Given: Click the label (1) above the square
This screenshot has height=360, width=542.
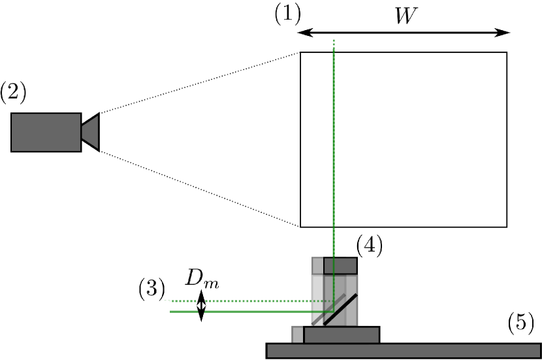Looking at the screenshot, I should [x=287, y=14].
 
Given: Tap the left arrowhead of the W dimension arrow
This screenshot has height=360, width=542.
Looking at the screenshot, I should [x=302, y=33].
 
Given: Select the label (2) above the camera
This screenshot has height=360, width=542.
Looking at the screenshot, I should [x=13, y=91].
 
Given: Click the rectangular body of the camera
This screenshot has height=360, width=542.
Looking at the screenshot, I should [x=46, y=132].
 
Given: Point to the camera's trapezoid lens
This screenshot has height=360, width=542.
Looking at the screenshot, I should [x=91, y=132].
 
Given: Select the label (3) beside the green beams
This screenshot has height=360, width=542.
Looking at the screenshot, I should [x=151, y=288].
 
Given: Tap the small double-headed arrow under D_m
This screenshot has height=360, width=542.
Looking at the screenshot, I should [x=201, y=306].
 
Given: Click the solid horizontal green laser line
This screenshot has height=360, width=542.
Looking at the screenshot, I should [x=248, y=312].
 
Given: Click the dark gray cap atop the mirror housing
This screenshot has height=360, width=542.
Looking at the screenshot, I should [x=341, y=265].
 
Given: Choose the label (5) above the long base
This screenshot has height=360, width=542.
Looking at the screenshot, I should [x=520, y=322].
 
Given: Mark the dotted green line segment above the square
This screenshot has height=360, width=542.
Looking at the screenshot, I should [x=334, y=46].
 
